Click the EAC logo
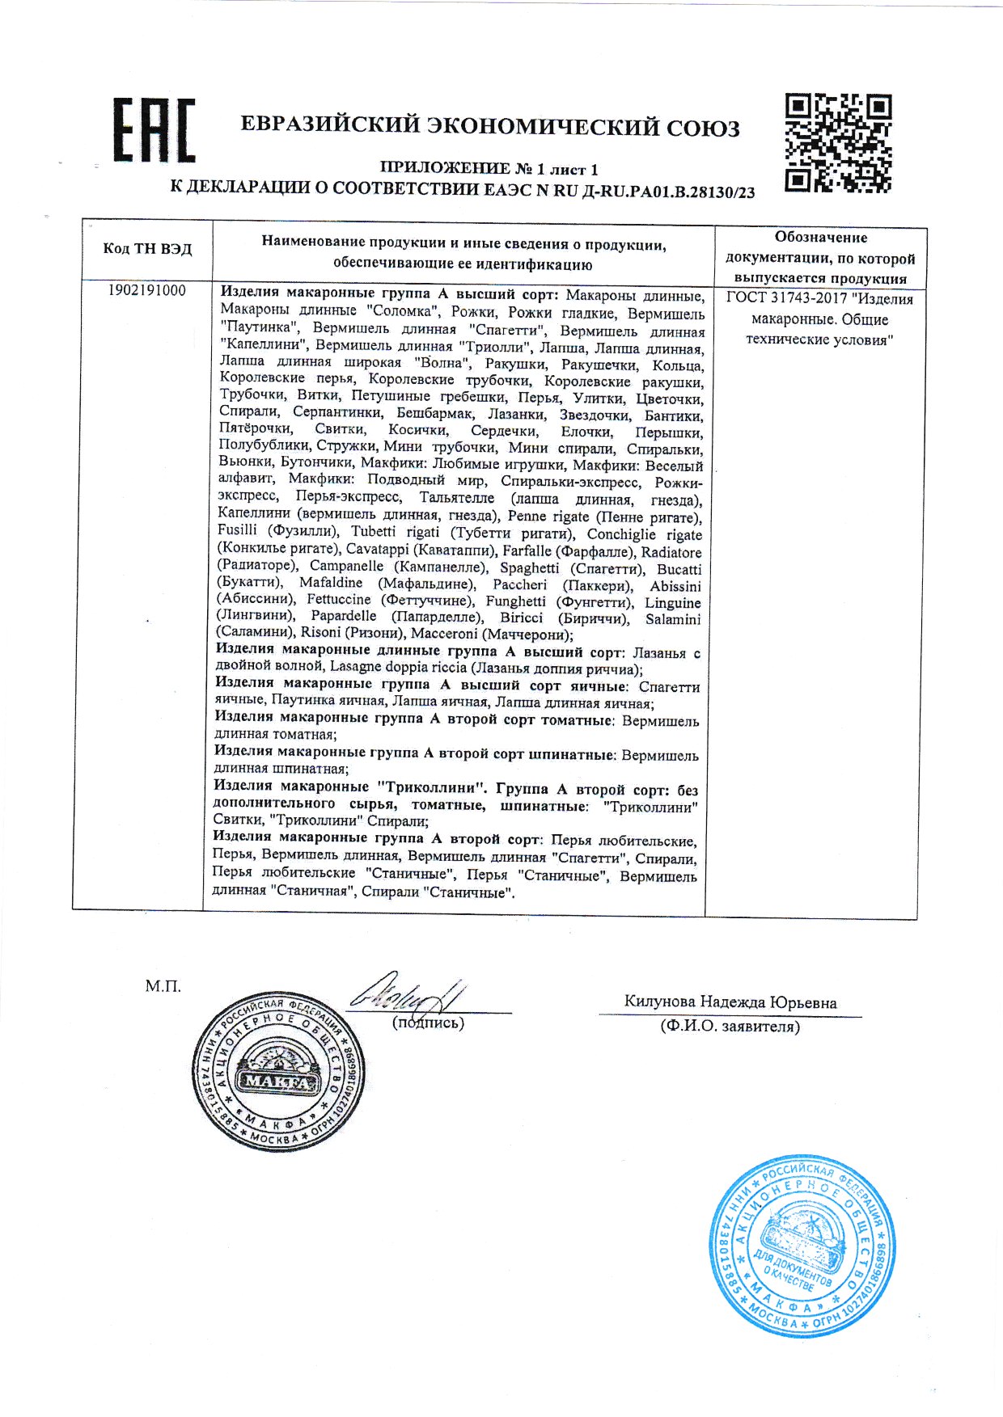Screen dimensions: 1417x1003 point(154,130)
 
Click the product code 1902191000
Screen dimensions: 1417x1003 point(146,291)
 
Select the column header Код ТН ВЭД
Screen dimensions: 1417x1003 point(147,249)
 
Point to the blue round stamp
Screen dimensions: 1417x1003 point(802,1246)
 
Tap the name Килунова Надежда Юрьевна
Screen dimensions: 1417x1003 point(730,1002)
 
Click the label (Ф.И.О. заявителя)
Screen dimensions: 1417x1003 point(730,1027)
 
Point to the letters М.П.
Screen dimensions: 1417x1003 point(163,986)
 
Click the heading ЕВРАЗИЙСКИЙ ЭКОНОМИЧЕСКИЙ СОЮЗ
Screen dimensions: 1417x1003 point(490,127)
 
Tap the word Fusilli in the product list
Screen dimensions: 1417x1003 point(237,530)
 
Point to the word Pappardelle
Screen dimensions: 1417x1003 point(343,617)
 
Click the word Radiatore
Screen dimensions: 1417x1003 point(671,552)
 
